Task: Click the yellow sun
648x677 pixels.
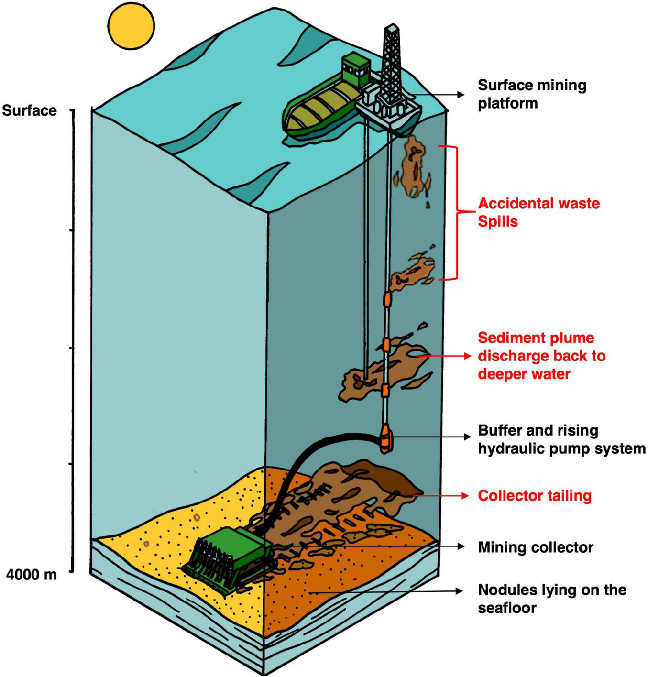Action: point(131,26)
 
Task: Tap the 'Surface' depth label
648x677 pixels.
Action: point(29,110)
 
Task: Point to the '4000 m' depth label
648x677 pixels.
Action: point(32,574)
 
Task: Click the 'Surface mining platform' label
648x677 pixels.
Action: point(532,94)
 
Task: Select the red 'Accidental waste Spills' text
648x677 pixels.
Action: point(538,212)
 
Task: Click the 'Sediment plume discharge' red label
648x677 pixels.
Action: point(541,356)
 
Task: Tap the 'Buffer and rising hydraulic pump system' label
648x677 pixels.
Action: point(561,439)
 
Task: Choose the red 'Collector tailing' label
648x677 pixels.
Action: point(535,496)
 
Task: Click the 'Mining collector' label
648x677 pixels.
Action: point(536,547)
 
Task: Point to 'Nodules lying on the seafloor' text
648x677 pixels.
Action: point(552,599)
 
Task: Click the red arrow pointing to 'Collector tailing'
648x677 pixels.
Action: point(442,496)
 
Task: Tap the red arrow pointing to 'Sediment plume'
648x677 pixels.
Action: point(442,356)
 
